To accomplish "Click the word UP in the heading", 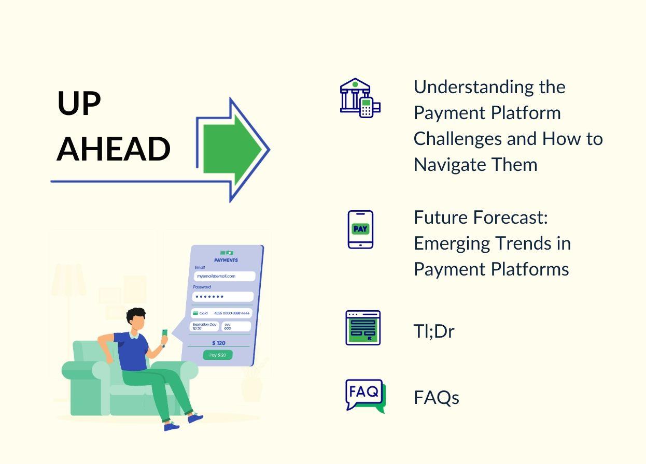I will [x=79, y=103].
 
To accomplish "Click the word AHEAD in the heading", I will [x=114, y=149].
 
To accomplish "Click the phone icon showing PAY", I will [x=360, y=229].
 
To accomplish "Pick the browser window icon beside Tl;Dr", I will [x=363, y=328].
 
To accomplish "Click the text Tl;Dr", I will [x=434, y=331].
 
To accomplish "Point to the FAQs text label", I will [x=436, y=398].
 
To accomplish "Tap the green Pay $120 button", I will [x=218, y=355].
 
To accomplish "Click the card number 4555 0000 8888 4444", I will [x=232, y=313].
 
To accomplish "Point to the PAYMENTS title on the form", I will [x=226, y=260].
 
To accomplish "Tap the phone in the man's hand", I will [x=164, y=333].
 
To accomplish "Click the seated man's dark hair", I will [x=136, y=314].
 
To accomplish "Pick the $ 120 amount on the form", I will [x=219, y=343].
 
